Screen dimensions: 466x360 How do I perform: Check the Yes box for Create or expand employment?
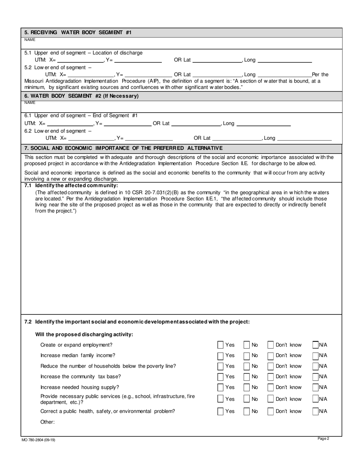click(x=221, y=345)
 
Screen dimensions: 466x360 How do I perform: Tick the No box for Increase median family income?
click(x=247, y=356)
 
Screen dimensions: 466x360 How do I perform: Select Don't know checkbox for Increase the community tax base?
click(x=271, y=377)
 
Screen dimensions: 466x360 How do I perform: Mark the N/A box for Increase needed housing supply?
click(x=315, y=387)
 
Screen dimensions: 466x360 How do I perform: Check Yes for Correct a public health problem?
click(x=221, y=411)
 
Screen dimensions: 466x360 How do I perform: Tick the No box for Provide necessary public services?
click(x=247, y=399)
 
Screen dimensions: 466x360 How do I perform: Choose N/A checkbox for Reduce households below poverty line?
click(x=315, y=366)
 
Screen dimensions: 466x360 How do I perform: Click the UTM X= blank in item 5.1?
click(x=80, y=60)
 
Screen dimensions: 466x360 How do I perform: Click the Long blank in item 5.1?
click(x=284, y=60)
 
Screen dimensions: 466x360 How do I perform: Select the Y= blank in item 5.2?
click(x=148, y=75)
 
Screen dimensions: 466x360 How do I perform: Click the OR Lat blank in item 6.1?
click(x=196, y=124)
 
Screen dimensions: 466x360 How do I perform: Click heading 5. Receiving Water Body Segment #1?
click(x=78, y=33)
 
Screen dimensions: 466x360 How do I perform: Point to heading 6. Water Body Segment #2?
click(x=81, y=96)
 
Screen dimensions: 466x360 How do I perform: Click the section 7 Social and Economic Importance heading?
click(x=124, y=148)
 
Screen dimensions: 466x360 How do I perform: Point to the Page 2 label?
click(x=323, y=439)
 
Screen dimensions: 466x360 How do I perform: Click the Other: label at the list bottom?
click(x=48, y=422)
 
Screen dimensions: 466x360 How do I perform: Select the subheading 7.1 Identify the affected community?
click(x=71, y=185)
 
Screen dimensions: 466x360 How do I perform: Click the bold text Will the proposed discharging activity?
click(x=84, y=334)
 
